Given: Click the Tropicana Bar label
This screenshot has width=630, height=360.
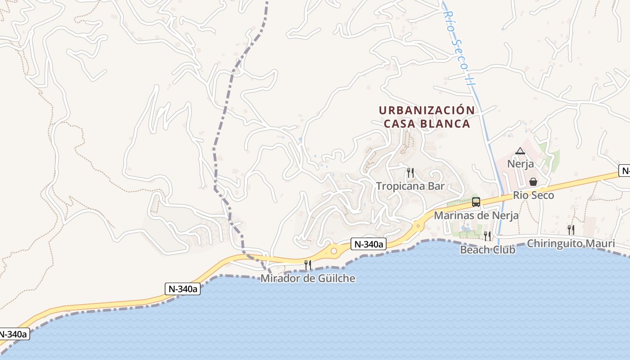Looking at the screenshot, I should click(x=410, y=186).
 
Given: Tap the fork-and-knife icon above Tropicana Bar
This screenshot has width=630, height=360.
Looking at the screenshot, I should click(x=410, y=172).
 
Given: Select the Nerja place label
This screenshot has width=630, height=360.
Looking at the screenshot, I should click(x=520, y=164).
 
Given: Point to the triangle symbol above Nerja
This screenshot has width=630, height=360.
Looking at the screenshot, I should click(x=520, y=151).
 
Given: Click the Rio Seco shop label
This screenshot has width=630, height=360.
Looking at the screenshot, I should click(x=533, y=195).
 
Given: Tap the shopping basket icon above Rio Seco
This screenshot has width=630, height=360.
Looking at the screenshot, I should click(x=533, y=182).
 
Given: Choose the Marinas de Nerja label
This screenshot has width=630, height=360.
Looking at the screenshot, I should click(x=476, y=216).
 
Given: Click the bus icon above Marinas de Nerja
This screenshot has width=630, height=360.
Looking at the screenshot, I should click(x=476, y=202).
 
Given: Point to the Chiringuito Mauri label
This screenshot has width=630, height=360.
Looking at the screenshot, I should click(x=571, y=243).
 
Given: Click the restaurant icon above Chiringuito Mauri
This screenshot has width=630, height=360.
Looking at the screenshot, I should click(x=571, y=230).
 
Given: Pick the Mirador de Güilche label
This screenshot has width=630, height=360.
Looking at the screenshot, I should click(x=308, y=279).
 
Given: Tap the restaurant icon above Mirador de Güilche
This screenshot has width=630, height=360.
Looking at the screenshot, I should click(x=308, y=265).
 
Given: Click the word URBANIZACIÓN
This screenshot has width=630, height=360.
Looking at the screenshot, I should click(x=427, y=110).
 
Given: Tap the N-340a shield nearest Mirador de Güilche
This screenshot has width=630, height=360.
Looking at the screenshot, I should click(x=369, y=244).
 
